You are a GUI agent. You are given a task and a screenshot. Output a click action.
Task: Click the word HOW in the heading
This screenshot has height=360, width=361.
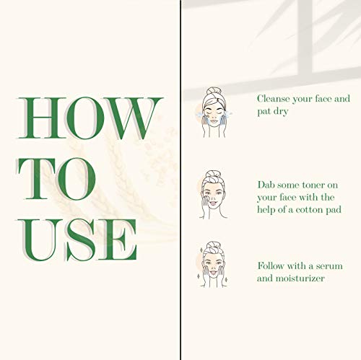pos(90,118)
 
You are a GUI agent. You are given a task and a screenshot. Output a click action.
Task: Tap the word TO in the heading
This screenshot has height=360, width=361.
pos(57,178)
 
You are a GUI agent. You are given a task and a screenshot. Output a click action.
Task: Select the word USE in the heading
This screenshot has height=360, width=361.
pos(77,240)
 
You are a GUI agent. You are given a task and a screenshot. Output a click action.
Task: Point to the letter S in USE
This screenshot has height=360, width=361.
pos(80,240)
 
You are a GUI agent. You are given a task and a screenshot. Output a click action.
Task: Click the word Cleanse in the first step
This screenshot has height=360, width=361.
pos(273,99)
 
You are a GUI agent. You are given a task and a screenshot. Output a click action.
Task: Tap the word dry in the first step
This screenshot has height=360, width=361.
pos(281,112)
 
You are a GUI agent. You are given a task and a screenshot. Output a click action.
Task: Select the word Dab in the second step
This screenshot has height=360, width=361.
pos(266,185)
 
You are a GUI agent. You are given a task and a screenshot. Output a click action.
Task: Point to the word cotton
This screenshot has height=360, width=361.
pos(309,210)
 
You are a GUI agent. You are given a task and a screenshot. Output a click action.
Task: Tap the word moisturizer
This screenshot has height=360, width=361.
pos(300,278)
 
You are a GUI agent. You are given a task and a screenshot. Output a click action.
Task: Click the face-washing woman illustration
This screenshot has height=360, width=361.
pos(214,113)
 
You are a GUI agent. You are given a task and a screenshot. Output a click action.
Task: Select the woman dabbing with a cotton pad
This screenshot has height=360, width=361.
pos(213,195)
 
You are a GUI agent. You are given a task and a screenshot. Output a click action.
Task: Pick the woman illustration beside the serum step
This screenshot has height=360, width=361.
pos(213,265)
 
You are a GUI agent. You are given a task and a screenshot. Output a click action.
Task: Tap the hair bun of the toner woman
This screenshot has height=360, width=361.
pos(212,174)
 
